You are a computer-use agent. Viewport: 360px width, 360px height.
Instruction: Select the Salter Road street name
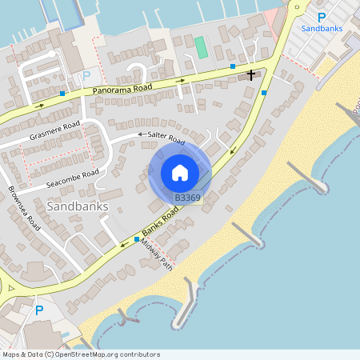[166, 138]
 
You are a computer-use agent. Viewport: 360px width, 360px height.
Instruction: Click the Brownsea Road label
[24, 207]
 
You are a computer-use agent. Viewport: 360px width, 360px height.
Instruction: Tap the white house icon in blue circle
[180, 173]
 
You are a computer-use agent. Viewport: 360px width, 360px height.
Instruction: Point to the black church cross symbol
[251, 75]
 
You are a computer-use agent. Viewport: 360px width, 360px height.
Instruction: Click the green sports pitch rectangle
[201, 46]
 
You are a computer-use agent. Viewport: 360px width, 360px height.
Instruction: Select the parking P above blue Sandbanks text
[322, 16]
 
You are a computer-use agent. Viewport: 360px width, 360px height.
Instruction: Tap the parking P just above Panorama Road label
[86, 77]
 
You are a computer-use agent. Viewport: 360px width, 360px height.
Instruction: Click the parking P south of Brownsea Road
[38, 310]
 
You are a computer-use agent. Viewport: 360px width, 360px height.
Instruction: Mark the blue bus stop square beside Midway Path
[137, 239]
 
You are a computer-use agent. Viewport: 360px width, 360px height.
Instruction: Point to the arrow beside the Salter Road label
[142, 135]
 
